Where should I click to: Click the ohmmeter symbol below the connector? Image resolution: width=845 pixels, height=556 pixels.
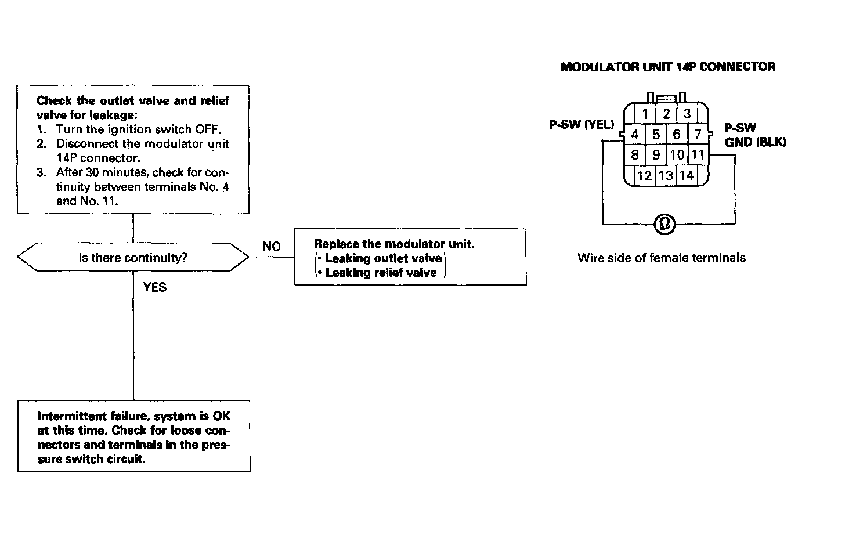point(665,224)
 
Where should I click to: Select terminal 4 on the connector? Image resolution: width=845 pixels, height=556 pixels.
point(634,135)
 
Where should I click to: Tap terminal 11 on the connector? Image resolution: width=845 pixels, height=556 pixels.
point(697,155)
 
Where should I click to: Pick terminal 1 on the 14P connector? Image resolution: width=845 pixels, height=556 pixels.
point(645,114)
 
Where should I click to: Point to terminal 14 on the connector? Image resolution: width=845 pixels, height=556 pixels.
point(687,175)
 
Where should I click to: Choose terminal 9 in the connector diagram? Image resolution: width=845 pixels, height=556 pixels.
point(656,155)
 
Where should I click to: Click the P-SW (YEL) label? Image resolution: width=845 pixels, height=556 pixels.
point(582,124)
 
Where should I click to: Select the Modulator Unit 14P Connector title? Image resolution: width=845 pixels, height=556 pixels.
point(667,67)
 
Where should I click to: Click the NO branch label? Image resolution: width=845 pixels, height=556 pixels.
point(271,247)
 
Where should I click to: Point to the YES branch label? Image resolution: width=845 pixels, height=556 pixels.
point(154,287)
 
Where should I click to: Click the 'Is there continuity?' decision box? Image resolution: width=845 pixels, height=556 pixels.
point(133,258)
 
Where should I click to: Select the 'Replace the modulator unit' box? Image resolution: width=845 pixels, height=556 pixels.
point(410,258)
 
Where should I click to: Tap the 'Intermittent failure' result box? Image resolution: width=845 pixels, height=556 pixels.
point(133,436)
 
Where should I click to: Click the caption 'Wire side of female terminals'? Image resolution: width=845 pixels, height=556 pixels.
point(662,258)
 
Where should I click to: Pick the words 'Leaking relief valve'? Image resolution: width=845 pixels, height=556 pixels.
point(381,273)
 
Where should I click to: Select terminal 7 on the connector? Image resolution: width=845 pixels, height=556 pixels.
point(698,135)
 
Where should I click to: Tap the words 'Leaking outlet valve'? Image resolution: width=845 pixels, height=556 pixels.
point(383,258)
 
